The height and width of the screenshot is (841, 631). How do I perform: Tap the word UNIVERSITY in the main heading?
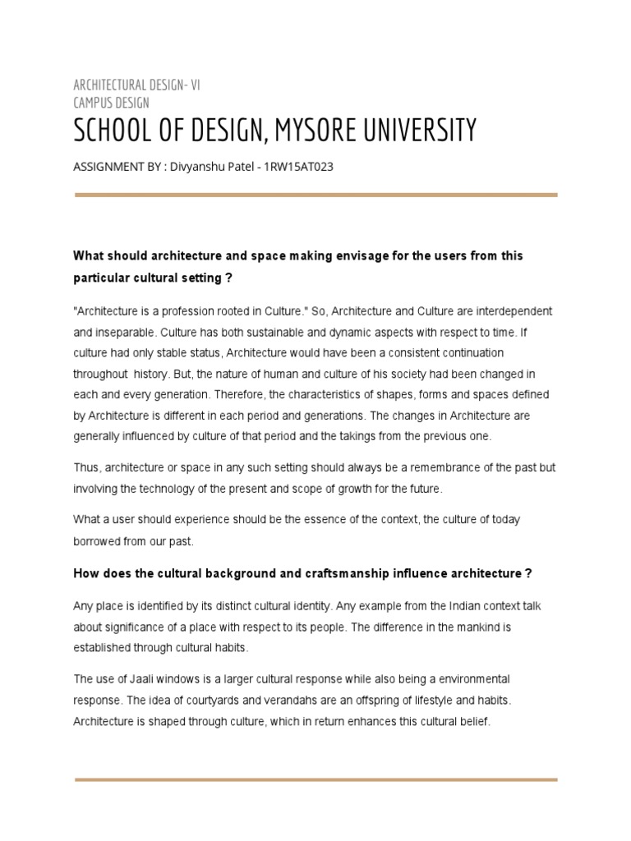[x=418, y=130]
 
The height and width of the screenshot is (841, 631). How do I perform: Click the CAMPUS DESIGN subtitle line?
[x=112, y=103]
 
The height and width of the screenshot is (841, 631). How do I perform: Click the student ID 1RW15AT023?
[x=297, y=167]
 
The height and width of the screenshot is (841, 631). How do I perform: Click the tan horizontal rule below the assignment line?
[x=315, y=195]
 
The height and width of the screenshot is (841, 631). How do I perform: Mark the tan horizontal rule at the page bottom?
[x=315, y=779]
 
